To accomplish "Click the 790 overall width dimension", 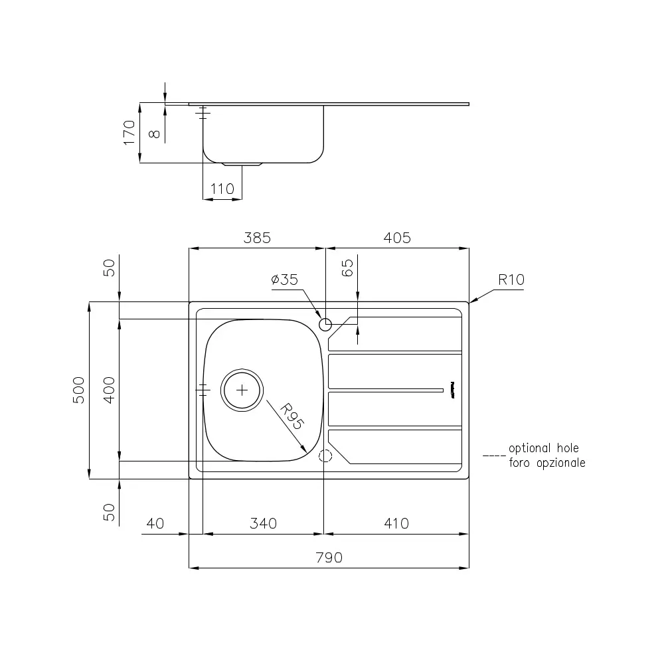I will pyautogui.click(x=329, y=558).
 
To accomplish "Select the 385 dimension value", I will pyautogui.click(x=258, y=238).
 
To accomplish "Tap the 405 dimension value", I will pyautogui.click(x=397, y=238).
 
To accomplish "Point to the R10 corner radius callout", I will pyautogui.click(x=511, y=280).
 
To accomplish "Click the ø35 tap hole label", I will pyautogui.click(x=284, y=280).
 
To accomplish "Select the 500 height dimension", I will pyautogui.click(x=78, y=390).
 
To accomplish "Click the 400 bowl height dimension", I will pyautogui.click(x=109, y=390).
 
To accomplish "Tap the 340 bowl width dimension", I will pyautogui.click(x=263, y=523).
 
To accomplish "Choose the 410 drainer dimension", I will pyautogui.click(x=396, y=523).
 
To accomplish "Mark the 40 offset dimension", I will pyautogui.click(x=154, y=523).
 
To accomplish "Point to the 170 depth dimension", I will pyautogui.click(x=129, y=132).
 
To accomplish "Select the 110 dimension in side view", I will pyautogui.click(x=222, y=189).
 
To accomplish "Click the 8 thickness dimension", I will pyautogui.click(x=154, y=132).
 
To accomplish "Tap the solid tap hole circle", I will pyautogui.click(x=325, y=325).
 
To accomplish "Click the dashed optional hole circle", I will pyautogui.click(x=325, y=456).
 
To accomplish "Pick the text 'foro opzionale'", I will pyautogui.click(x=547, y=463).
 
